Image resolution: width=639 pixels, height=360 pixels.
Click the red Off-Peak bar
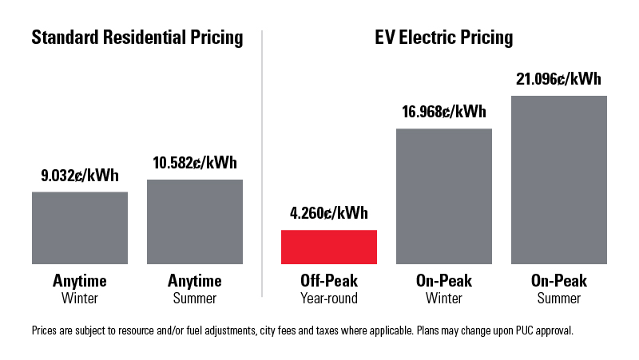[328, 247]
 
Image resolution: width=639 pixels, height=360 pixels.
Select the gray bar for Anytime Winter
[79, 227]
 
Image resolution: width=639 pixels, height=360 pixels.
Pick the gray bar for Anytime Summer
[195, 221]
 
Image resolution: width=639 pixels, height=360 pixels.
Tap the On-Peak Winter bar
[443, 196]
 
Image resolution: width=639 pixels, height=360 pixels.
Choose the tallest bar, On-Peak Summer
[559, 180]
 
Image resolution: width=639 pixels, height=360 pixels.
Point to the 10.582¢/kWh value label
[195, 163]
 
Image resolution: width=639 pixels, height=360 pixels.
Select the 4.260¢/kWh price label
[328, 214]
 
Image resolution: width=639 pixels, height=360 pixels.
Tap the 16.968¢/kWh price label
[443, 112]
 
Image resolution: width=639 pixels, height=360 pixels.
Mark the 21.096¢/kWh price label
[559, 79]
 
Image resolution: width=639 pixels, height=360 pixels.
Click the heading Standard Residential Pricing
[137, 38]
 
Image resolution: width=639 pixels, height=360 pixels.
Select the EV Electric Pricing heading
[443, 38]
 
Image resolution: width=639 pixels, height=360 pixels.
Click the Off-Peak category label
[328, 281]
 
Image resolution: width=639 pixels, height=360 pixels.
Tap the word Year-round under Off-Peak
[328, 299]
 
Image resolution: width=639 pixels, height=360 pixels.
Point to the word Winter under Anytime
[79, 299]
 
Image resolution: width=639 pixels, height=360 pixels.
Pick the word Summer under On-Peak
[559, 299]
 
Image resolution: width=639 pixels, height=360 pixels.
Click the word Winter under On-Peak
[443, 299]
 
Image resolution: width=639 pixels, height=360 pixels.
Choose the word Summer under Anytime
[195, 299]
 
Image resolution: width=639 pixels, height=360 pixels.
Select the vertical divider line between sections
[263, 160]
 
